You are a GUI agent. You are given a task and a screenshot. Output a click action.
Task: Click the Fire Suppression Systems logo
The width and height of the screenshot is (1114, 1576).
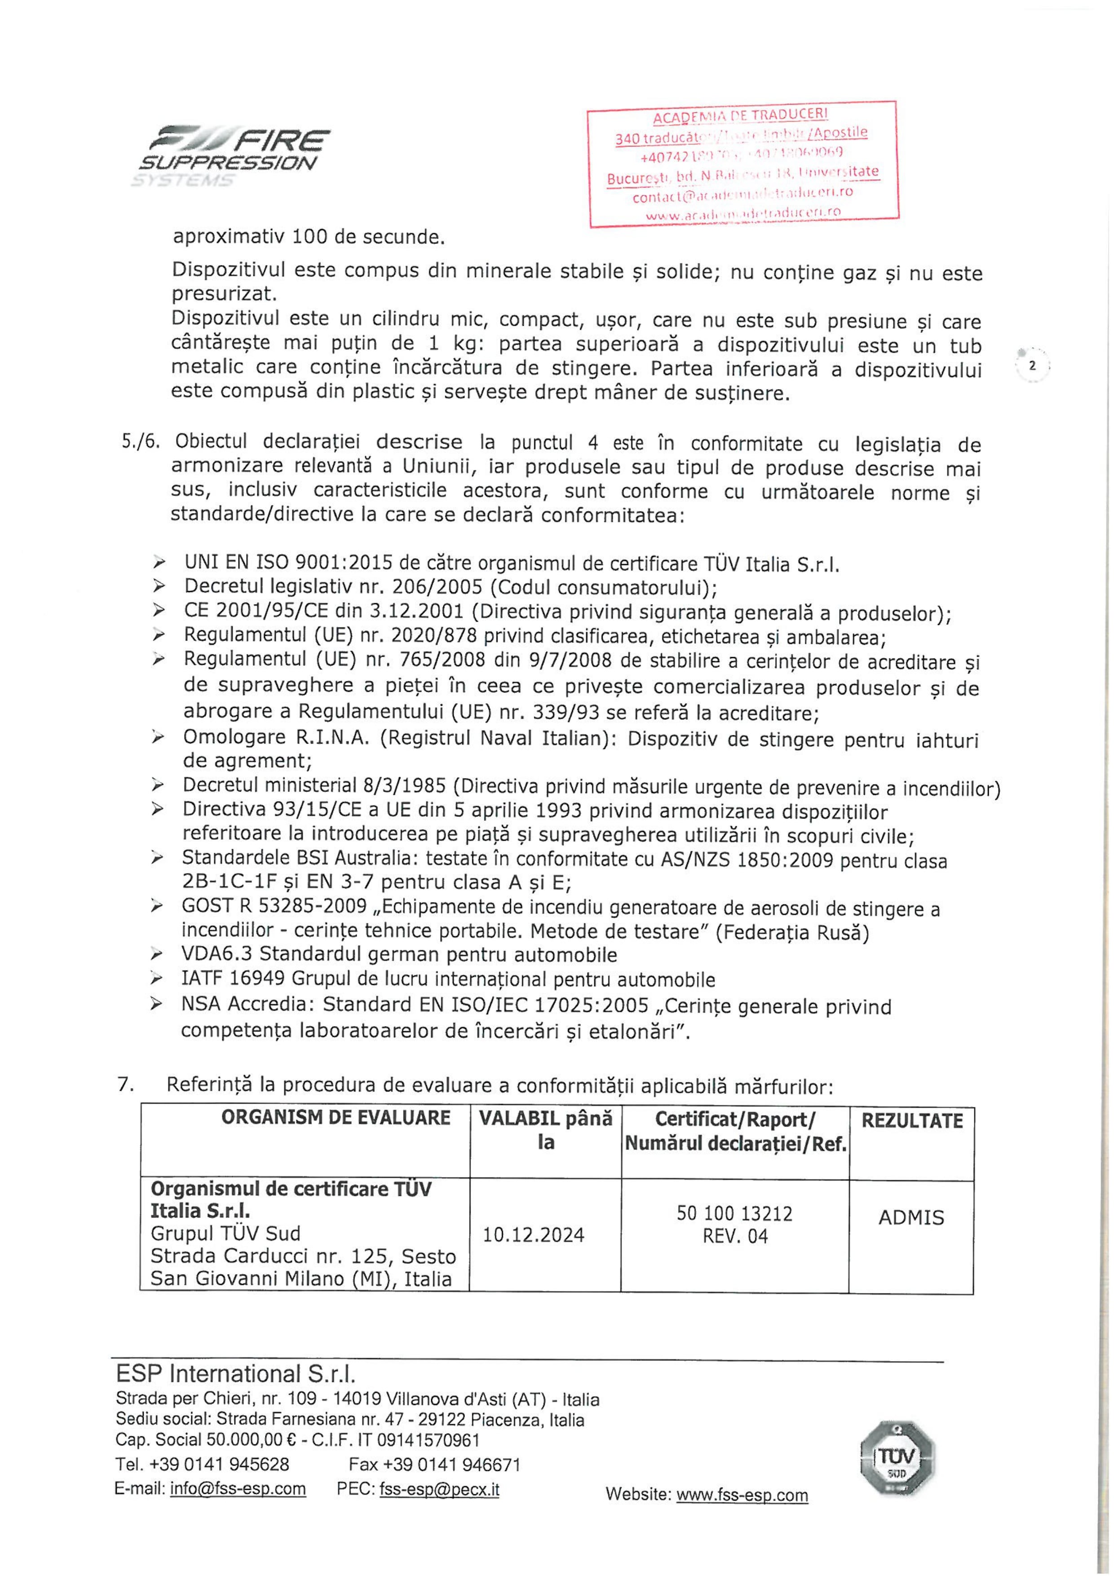(234, 156)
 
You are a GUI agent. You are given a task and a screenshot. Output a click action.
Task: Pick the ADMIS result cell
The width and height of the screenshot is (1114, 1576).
(911, 1217)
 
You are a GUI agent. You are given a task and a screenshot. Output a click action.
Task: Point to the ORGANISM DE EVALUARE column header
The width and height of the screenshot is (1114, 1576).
(336, 1118)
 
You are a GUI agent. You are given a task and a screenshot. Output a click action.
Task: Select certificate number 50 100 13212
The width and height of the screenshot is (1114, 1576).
(734, 1213)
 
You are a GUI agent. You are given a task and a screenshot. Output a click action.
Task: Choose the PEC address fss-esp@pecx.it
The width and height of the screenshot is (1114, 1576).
(439, 1489)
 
